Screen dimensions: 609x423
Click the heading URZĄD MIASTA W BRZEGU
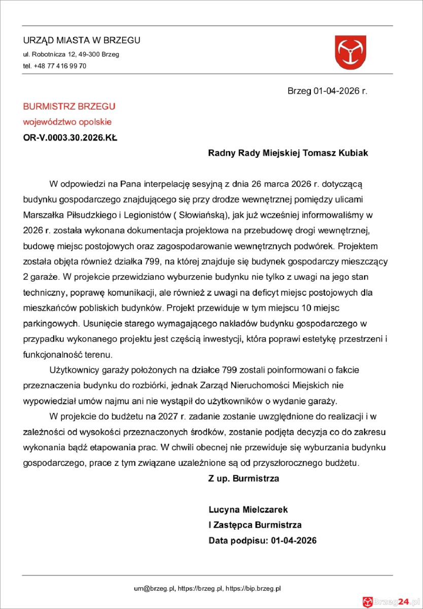[x=82, y=41]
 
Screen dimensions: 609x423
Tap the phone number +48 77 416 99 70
[x=60, y=66]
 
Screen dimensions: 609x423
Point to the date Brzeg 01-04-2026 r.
[x=327, y=91]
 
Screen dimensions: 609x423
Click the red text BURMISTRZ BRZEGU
[x=69, y=107]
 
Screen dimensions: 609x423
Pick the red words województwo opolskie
[x=67, y=122]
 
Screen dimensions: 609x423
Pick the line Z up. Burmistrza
[x=243, y=478]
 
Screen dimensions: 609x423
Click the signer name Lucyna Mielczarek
[x=248, y=509]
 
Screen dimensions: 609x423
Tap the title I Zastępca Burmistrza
[x=255, y=525]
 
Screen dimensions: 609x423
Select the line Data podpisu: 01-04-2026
[x=262, y=540]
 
